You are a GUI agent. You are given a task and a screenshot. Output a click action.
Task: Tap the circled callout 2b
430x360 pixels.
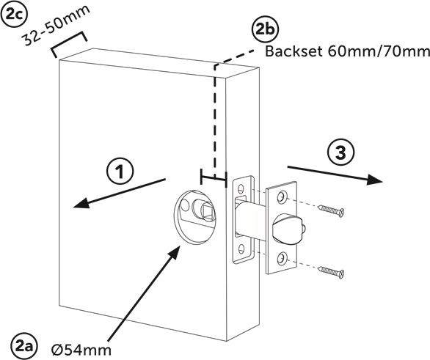(x=265, y=30)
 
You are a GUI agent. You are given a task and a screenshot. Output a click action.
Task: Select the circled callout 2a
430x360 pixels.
(x=24, y=346)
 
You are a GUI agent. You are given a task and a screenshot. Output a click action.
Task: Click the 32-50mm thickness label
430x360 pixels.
(x=56, y=25)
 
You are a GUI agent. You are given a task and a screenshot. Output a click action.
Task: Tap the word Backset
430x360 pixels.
(x=294, y=51)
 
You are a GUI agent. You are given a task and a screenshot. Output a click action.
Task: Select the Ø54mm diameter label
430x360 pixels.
(x=81, y=350)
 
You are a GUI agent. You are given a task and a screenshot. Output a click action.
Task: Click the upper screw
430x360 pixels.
(x=331, y=210)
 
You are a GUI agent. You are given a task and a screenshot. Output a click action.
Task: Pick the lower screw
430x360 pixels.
(x=331, y=272)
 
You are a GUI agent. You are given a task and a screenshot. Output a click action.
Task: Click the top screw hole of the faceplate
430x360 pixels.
(x=281, y=197)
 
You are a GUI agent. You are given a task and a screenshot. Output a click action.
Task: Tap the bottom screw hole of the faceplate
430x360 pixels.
(x=281, y=258)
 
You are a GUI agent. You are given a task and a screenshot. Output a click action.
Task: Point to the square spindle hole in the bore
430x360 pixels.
(x=207, y=212)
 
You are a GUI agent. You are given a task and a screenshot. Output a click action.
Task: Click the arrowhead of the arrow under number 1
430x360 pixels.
(x=81, y=203)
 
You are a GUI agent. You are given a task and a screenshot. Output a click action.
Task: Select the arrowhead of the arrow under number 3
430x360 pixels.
(x=374, y=180)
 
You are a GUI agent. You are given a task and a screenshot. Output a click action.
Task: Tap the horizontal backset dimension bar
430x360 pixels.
(x=214, y=178)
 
